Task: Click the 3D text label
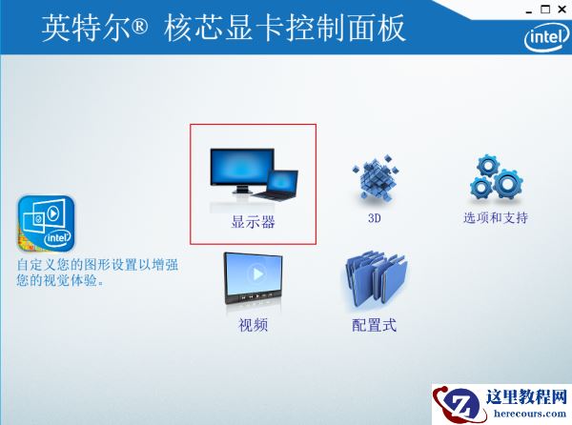[x=375, y=218]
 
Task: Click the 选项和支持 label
[x=496, y=218]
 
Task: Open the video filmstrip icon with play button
[x=254, y=278]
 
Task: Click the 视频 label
[x=254, y=326]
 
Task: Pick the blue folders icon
[x=375, y=278]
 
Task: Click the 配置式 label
[x=375, y=326]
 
